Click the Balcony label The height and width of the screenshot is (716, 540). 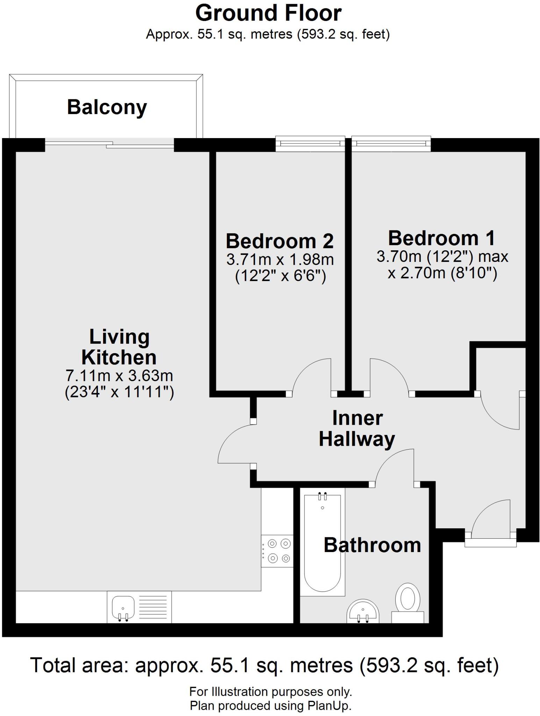[107, 107]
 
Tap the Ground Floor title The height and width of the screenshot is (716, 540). [268, 14]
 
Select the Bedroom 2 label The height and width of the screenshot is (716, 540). [280, 241]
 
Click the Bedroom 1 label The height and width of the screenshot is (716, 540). [442, 238]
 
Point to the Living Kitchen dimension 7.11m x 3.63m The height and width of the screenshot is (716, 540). [119, 375]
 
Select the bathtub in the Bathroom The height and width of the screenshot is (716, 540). [322, 545]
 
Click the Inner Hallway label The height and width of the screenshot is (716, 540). [357, 429]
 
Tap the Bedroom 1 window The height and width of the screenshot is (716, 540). [391, 144]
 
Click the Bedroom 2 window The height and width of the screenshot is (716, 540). [310, 144]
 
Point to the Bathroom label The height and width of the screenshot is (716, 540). [372, 545]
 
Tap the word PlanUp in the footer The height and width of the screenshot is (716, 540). [329, 706]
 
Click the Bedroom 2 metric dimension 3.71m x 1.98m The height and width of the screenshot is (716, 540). [280, 259]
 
